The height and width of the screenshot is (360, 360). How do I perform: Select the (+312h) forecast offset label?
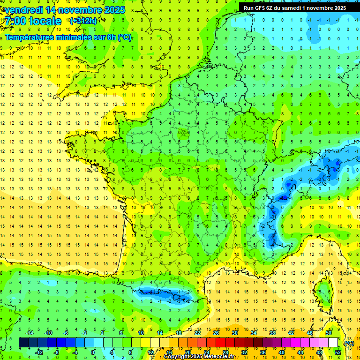point(83,21)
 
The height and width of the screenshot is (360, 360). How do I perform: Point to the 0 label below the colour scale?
point(92,352)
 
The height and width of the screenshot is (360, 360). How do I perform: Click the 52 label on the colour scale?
point(337,352)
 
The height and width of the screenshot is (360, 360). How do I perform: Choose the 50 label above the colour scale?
point(329,333)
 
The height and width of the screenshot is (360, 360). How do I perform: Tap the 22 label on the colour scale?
point(197,333)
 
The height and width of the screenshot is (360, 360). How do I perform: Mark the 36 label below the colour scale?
point(263,352)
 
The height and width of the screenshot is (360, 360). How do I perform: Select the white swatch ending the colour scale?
point(333,342)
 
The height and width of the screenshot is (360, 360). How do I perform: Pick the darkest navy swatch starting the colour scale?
point(23,342)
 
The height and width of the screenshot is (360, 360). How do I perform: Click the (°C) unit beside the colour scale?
point(349,343)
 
